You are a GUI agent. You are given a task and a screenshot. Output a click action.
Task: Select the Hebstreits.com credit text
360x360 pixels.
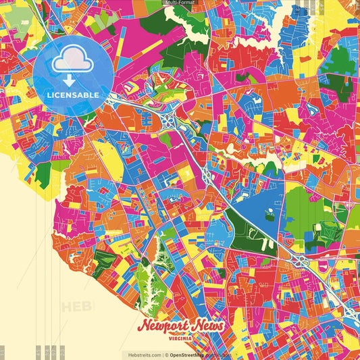(139, 355)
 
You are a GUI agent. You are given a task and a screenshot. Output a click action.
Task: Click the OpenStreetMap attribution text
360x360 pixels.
(191, 355)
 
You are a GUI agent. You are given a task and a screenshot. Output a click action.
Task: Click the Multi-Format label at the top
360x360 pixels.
(180, 3)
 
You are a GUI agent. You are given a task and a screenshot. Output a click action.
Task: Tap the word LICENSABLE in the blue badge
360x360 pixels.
(73, 94)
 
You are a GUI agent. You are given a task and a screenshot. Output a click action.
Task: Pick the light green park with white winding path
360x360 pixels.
(144, 280)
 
